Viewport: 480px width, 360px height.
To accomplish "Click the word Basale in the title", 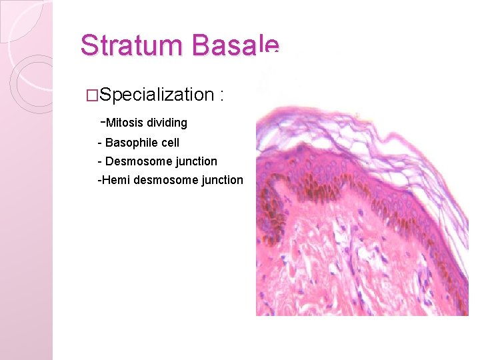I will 235,46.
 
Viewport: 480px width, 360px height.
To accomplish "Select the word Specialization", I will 155,95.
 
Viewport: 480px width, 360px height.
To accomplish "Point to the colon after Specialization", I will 221,95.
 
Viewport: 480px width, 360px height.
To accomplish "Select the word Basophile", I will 131,143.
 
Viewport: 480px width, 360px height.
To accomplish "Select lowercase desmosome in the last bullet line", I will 163,180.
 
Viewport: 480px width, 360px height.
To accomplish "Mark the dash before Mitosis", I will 102,122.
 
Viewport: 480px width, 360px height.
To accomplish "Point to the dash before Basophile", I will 99,143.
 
